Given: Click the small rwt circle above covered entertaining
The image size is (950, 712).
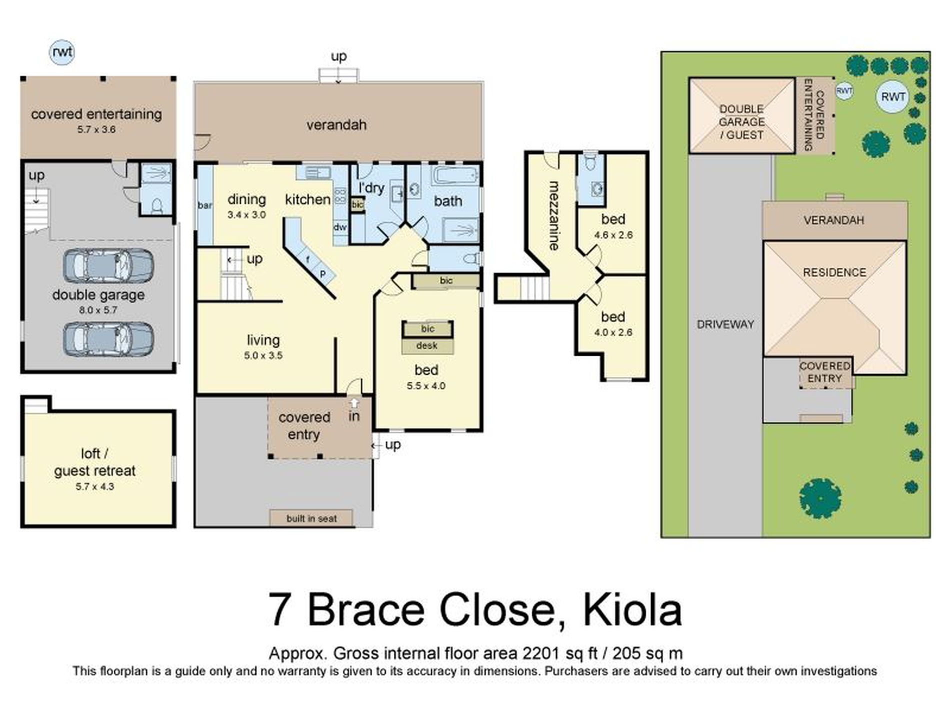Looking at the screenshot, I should pos(62,52).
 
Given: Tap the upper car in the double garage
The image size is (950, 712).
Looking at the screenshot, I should pos(108,266).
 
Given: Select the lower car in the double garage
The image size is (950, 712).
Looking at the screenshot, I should pos(108,339).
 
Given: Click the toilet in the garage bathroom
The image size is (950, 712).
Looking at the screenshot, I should pos(156,205).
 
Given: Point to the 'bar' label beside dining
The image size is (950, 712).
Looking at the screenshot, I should pos(205,205).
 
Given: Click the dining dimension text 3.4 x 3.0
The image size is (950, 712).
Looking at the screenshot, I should pos(246,215).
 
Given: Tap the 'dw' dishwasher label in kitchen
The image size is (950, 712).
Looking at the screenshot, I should pos(340,227).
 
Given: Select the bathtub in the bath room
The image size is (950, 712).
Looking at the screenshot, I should pos(455,176).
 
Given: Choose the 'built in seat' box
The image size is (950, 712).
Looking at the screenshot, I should pos(311,518).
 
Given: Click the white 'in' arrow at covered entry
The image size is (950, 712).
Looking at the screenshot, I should pos(354,403).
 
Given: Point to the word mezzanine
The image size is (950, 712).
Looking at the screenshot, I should pos(554,215).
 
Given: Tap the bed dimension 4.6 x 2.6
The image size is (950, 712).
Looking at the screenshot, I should pos(613,235).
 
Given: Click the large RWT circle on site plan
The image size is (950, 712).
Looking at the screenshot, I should pos(893,97).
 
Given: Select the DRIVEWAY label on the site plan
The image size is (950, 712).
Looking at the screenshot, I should pos(725,324).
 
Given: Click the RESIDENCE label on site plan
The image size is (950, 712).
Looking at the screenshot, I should pos(834,272).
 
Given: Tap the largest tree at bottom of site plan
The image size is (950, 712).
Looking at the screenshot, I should pos(820,498).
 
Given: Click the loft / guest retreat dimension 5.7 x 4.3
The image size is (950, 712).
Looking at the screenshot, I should pos(95,486).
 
